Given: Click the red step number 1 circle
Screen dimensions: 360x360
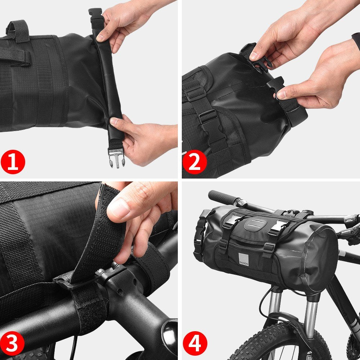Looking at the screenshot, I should (x=13, y=162).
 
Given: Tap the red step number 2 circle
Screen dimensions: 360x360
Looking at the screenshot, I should (x=195, y=162).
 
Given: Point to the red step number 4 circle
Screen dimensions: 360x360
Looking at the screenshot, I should (x=195, y=343).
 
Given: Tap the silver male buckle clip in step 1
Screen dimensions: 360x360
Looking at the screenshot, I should (x=116, y=158).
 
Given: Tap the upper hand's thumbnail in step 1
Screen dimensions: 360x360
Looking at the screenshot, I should (x=102, y=37).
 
